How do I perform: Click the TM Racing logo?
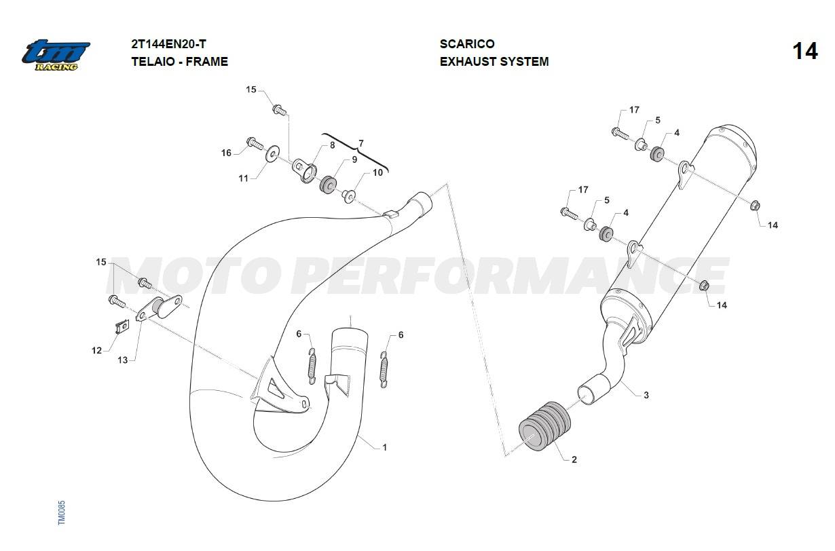[56, 55]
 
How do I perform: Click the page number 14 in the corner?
[805, 51]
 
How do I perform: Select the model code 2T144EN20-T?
[168, 44]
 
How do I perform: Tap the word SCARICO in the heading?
[467, 44]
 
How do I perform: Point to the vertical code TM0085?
[62, 512]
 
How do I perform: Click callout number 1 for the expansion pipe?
[385, 447]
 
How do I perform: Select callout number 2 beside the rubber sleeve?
[574, 459]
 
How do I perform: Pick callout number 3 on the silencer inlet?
[646, 396]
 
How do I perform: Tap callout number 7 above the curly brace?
[361, 143]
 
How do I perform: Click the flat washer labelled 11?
[273, 153]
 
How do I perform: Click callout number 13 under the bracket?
[123, 360]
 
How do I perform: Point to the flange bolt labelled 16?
[255, 142]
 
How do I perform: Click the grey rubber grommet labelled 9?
[328, 185]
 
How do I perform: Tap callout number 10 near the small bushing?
[377, 173]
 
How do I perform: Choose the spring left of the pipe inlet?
[312, 365]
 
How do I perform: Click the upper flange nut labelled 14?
[755, 206]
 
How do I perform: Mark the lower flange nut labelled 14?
[704, 286]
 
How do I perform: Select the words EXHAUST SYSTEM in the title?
[494, 62]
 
